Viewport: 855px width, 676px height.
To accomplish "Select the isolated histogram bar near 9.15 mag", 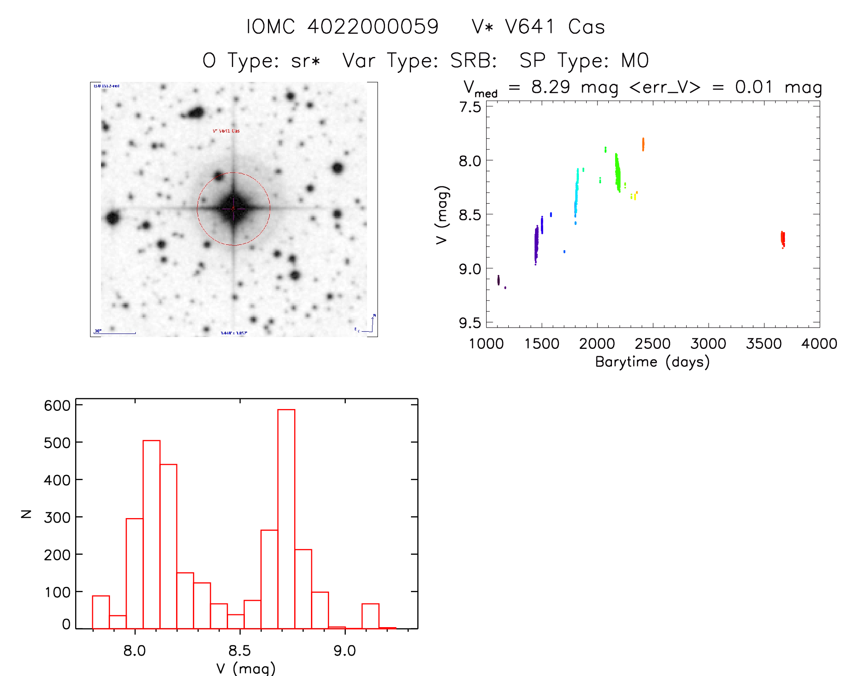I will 370,616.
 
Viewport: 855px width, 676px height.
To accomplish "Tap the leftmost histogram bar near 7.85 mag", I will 101,612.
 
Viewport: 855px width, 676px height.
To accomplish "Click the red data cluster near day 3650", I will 783,238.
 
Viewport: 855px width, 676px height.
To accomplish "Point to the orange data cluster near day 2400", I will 643,144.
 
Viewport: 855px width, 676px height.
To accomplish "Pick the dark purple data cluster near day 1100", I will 498,280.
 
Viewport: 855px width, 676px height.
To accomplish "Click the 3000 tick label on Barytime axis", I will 708,344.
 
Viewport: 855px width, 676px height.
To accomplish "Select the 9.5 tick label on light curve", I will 470,323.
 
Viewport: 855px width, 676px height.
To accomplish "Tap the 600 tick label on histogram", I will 57,405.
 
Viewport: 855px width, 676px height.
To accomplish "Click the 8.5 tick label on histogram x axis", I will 239,651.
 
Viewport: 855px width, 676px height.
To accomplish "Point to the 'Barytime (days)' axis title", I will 652,362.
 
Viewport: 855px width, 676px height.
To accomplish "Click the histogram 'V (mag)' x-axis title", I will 246,668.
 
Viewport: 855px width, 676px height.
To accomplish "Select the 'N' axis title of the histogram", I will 26,514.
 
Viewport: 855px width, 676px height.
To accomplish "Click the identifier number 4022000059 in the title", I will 373,27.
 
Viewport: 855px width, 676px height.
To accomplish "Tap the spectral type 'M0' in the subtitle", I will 635,61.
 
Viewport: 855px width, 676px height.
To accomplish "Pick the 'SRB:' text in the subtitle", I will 474,61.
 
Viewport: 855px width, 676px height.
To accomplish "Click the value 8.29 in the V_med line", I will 550,87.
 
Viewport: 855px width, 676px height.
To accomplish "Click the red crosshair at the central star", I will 233,209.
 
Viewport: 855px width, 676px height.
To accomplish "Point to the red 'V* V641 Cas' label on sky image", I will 226,131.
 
